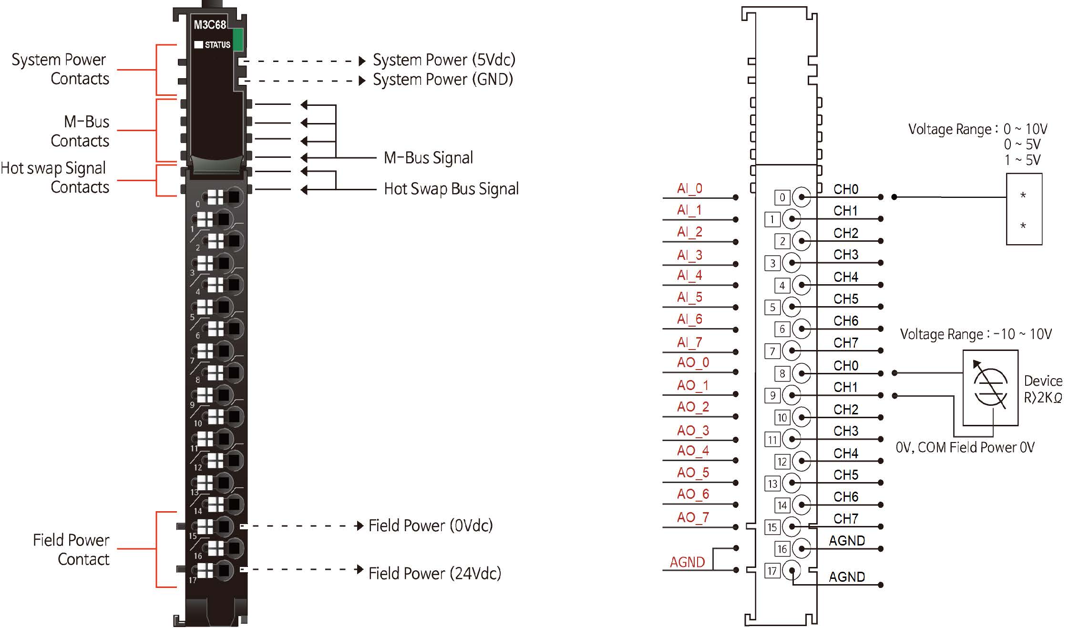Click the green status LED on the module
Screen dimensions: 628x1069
238,39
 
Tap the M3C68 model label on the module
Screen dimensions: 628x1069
209,25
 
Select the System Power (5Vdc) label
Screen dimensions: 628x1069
444,60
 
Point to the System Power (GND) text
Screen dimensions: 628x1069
442,80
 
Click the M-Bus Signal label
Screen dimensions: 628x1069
428,158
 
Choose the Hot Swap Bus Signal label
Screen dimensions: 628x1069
451,189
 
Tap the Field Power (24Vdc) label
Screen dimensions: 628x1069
434,573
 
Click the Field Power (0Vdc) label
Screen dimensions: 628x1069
430,525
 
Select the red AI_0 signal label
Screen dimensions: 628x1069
689,188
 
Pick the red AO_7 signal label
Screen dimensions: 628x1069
693,517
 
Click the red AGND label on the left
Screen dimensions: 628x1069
687,562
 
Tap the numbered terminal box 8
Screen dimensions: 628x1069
782,373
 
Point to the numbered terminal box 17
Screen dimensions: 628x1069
772,571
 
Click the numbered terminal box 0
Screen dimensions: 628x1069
782,197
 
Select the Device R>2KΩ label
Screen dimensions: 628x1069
1043,389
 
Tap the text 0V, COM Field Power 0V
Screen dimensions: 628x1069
965,447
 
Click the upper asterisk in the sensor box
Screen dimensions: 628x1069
1023,195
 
